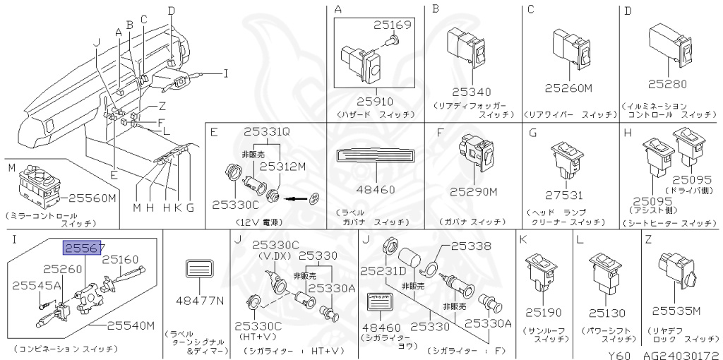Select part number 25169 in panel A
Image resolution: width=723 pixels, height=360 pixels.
pyautogui.click(x=392, y=27)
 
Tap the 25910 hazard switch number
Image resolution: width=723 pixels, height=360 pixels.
pyautogui.click(x=375, y=101)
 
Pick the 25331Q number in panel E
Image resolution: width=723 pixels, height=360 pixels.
pyautogui.click(x=268, y=131)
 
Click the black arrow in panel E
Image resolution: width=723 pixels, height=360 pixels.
pyautogui.click(x=297, y=198)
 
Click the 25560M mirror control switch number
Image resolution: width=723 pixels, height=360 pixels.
pyautogui.click(x=92, y=198)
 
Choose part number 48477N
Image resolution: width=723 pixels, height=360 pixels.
pyautogui.click(x=200, y=300)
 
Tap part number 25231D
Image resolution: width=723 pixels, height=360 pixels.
pyautogui.click(x=383, y=271)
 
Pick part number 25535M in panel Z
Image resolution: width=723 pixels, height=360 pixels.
pyautogui.click(x=676, y=311)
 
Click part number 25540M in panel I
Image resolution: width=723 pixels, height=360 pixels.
pyautogui.click(x=131, y=325)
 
